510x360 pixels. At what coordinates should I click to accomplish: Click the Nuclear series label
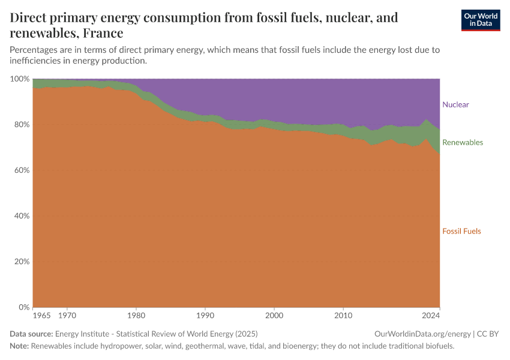click(455, 104)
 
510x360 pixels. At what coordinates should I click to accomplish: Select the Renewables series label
click(462, 142)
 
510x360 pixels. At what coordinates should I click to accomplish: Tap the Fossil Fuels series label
click(461, 231)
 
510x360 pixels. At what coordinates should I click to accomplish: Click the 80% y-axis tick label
click(21, 125)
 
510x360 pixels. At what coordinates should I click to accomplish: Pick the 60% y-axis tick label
click(21, 170)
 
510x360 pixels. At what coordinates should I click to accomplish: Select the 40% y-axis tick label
click(21, 216)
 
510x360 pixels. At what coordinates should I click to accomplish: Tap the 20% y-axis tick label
click(21, 262)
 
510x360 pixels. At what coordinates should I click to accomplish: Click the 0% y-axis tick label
click(23, 307)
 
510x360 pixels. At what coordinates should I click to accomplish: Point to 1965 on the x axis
click(41, 315)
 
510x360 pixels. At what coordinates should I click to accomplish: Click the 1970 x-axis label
click(67, 315)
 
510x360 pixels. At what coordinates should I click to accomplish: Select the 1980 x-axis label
click(136, 315)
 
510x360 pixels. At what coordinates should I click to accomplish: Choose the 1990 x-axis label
click(205, 315)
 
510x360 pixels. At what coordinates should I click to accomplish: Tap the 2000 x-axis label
click(274, 315)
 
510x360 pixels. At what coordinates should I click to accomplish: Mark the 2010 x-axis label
click(343, 315)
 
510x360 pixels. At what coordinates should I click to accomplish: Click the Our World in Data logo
click(480, 20)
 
